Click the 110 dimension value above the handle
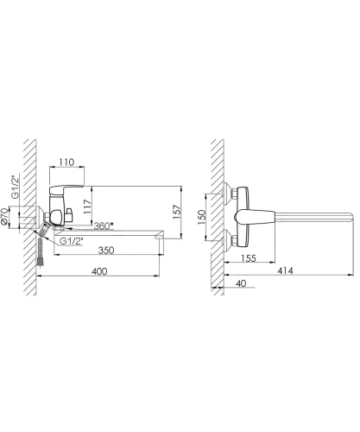click(66, 162)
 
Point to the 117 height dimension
click(87, 206)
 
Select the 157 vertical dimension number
click(177, 212)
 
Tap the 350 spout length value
click(106, 250)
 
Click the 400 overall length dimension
click(99, 271)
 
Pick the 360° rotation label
click(104, 226)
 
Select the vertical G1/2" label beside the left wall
click(15, 187)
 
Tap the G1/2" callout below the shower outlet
click(71, 241)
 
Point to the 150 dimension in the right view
click(202, 217)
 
